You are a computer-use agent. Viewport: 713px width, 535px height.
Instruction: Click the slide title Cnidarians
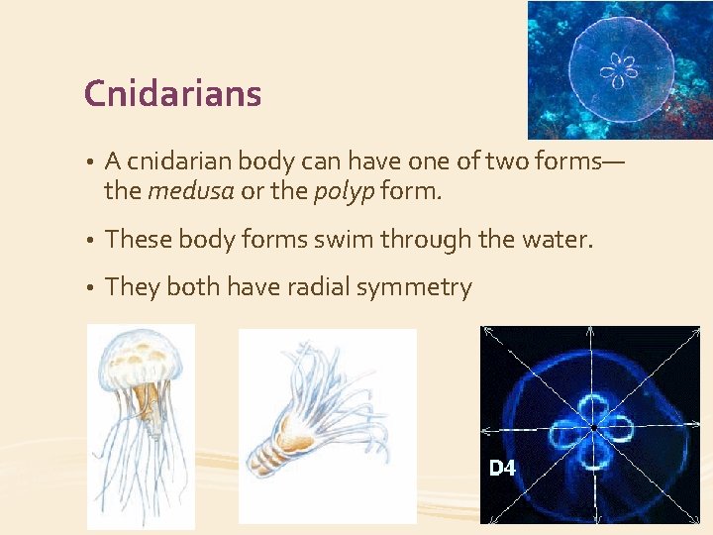[173, 94]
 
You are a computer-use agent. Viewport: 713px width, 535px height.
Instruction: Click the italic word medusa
[190, 190]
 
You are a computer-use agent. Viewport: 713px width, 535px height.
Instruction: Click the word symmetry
[414, 288]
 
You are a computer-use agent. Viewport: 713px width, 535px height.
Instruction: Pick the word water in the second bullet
[560, 239]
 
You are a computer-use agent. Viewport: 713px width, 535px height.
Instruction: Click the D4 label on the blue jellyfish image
[502, 469]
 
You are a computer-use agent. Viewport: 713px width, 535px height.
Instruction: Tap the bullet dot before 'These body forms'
[89, 240]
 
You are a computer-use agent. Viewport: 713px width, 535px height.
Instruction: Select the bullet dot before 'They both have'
[89, 288]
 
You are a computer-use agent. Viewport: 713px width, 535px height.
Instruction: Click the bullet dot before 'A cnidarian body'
[89, 161]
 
